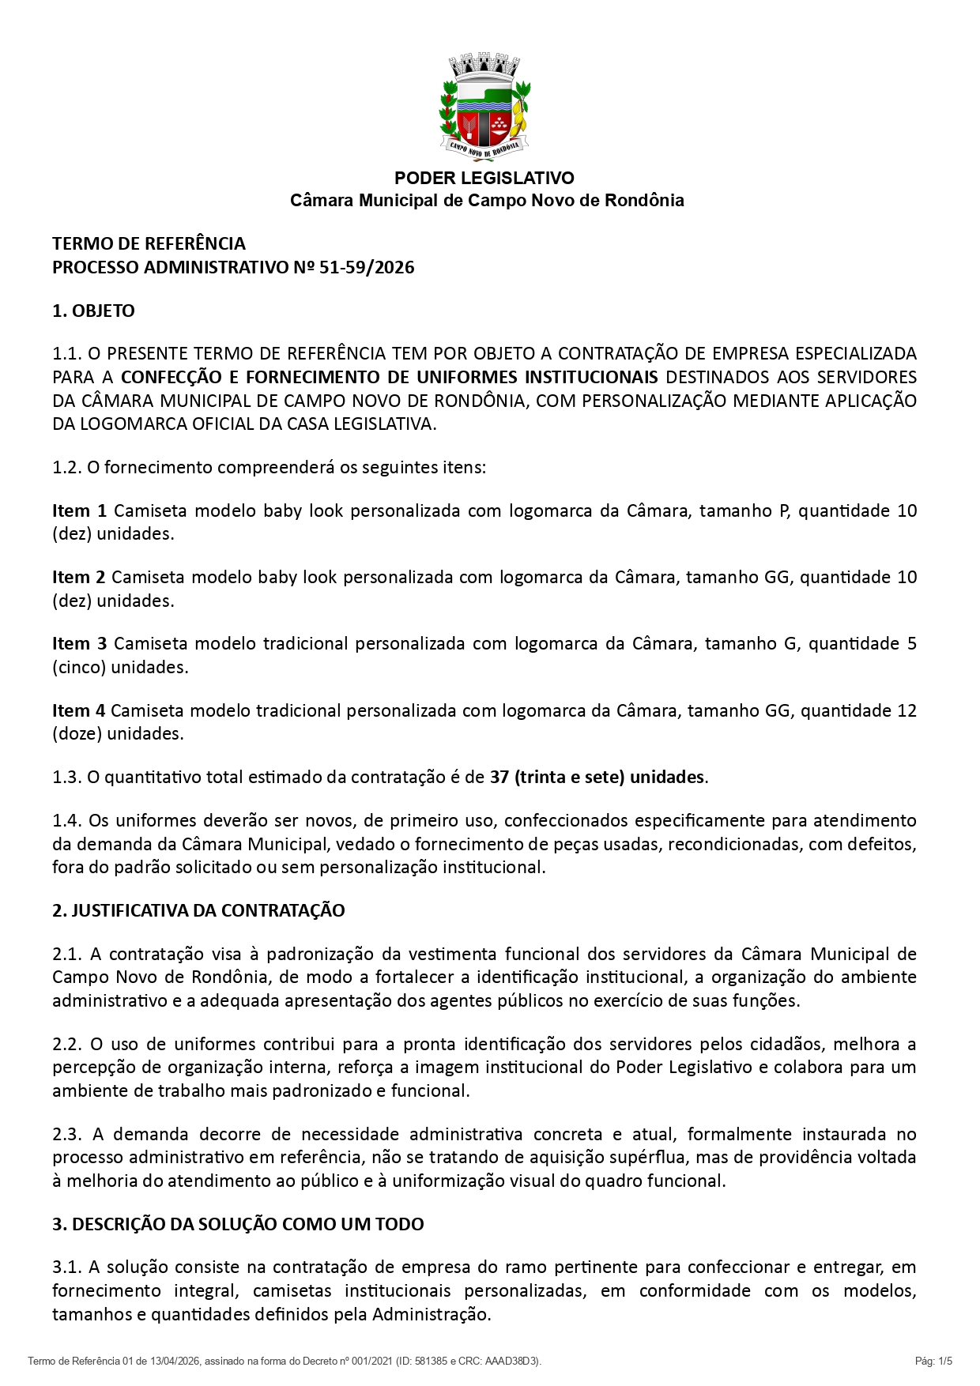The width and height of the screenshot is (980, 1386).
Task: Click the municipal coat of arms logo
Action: (x=484, y=107)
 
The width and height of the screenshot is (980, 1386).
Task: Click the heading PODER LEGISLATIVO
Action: (x=484, y=178)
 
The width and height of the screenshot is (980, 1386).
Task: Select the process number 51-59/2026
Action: (x=367, y=267)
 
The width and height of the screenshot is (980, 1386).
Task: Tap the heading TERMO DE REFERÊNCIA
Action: (x=149, y=243)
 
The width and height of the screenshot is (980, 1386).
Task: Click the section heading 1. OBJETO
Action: (x=93, y=311)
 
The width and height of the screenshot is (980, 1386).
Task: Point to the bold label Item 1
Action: (x=79, y=510)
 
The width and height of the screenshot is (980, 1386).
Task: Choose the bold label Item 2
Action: (x=78, y=577)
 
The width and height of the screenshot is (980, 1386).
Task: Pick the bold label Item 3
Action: (x=79, y=643)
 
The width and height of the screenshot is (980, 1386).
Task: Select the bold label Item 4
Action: (x=78, y=710)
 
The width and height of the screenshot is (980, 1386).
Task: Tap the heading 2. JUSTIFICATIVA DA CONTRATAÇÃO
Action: (x=198, y=910)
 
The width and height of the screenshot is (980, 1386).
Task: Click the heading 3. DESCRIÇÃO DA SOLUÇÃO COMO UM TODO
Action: (x=238, y=1224)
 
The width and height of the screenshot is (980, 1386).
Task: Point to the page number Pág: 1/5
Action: (x=933, y=1361)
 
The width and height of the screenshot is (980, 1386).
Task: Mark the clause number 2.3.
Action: (x=67, y=1134)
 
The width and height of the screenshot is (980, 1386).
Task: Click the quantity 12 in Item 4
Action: (x=906, y=710)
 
